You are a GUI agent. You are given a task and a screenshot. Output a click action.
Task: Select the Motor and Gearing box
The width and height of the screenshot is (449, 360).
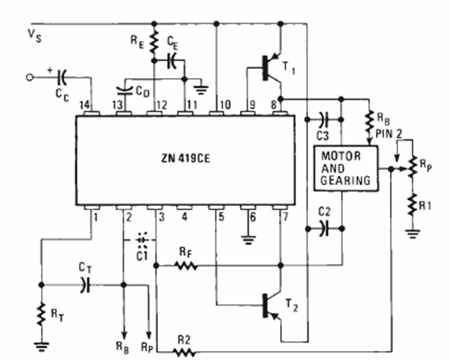click(x=345, y=169)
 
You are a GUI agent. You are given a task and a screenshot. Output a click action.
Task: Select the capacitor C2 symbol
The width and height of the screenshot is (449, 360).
click(x=323, y=227)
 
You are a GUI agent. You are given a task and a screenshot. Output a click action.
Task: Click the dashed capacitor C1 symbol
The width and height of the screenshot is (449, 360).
click(x=143, y=240)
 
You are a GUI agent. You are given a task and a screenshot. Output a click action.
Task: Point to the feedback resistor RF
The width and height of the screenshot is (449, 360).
click(x=187, y=265)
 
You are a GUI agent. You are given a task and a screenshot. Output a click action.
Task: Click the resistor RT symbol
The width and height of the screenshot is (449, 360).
click(x=42, y=317)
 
